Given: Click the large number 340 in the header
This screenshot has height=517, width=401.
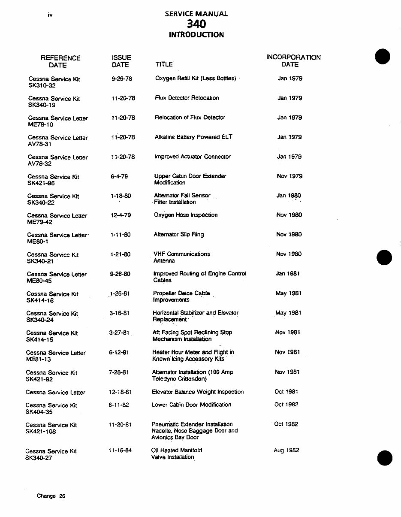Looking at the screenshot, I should point(196,24).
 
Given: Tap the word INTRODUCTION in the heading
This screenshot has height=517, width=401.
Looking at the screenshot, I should point(196,35).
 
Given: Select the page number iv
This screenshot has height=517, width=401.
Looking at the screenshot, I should point(50,15).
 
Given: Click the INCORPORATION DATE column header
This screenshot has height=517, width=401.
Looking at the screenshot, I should point(293,61).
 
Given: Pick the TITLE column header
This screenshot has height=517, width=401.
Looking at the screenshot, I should point(164,65).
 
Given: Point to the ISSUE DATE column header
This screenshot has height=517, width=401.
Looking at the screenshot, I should point(121,61).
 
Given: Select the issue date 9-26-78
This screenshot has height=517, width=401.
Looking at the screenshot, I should point(121,79).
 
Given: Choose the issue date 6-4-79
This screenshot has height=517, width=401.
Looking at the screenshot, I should point(119,176).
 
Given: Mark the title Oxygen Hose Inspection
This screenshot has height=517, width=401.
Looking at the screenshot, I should point(186,215).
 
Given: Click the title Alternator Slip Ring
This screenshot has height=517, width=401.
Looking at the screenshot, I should point(178,235).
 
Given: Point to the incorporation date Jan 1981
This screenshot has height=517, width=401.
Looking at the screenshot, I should point(288,273).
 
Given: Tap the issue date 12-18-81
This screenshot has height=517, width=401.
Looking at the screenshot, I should point(120,392).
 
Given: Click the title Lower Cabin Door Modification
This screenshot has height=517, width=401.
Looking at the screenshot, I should point(191,405).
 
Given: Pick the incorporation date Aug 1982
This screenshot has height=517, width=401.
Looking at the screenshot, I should point(286,450).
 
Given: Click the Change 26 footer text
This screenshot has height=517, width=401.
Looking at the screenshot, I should point(51,496).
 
